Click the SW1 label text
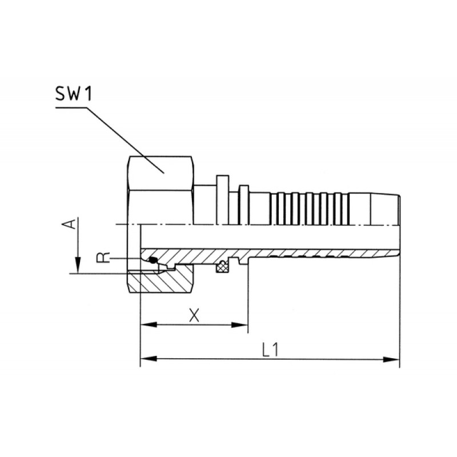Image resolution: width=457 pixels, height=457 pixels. click(x=73, y=94)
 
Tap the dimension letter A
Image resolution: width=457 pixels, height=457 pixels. click(x=69, y=224)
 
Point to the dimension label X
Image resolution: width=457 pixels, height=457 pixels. click(x=194, y=315)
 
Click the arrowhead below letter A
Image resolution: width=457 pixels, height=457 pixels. click(x=78, y=264)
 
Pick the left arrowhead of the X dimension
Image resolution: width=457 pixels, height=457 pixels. click(x=149, y=324)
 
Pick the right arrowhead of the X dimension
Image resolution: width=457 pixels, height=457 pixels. click(x=239, y=324)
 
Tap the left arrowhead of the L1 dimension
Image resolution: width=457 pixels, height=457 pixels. click(x=149, y=359)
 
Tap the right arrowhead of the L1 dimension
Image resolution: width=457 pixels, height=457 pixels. click(x=391, y=359)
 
